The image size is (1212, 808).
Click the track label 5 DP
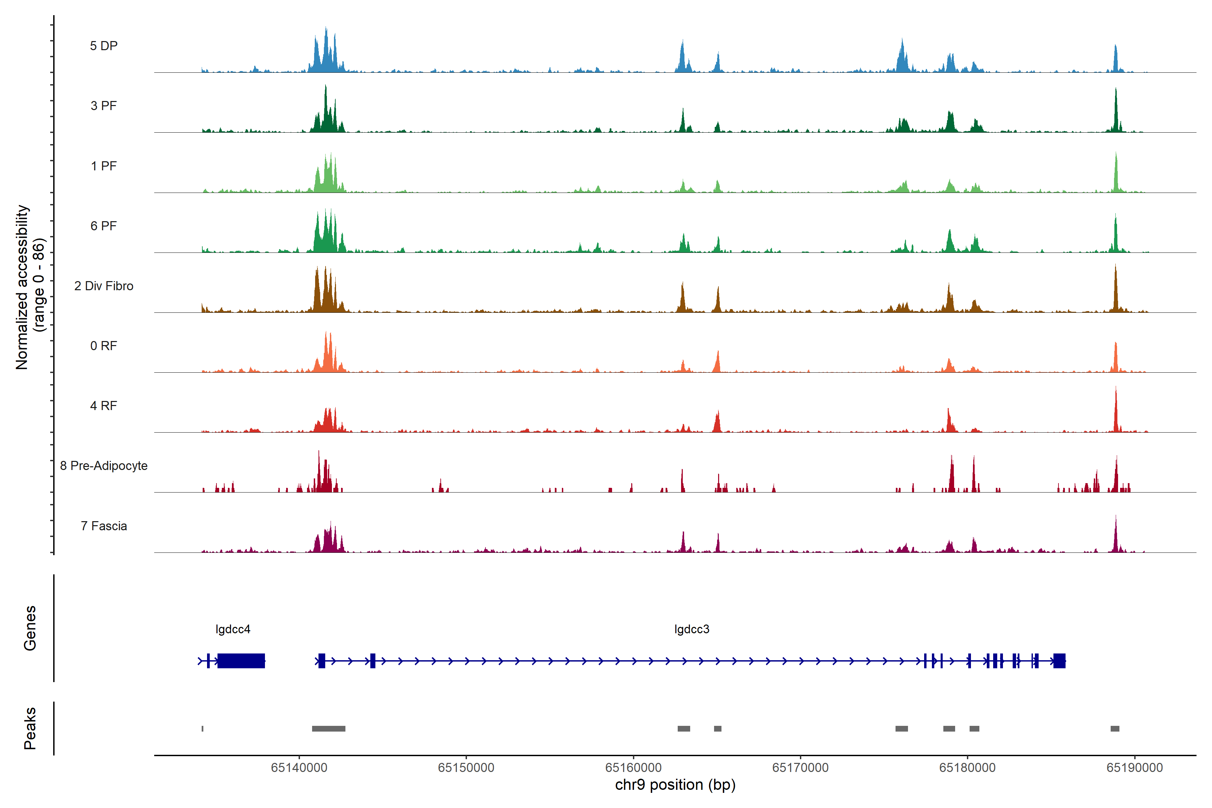[x=104, y=46]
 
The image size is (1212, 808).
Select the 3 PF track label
[x=104, y=106]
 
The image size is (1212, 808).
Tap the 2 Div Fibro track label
[x=104, y=286]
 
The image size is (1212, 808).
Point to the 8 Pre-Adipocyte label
[x=104, y=466]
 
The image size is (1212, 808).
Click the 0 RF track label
[x=104, y=346]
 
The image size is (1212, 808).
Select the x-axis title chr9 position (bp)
[x=675, y=785]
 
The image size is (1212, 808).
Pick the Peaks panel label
[x=30, y=728]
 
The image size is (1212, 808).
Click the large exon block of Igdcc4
[x=241, y=661]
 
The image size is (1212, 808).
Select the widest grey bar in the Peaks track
[x=329, y=729]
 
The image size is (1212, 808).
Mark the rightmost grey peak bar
[x=1115, y=729]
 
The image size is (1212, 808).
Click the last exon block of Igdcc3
[x=1059, y=661]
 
